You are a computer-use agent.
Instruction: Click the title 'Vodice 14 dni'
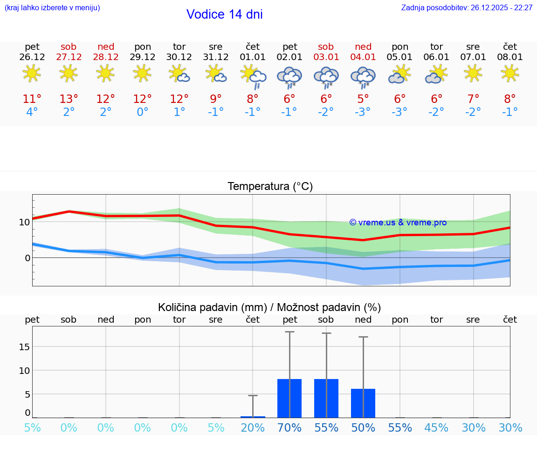click(x=224, y=14)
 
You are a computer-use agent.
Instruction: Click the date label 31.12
click(x=216, y=57)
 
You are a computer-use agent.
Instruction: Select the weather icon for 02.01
click(x=289, y=77)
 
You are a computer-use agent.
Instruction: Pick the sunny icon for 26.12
click(x=32, y=73)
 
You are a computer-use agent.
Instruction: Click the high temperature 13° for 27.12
click(x=69, y=99)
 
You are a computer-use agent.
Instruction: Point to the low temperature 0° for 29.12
click(x=142, y=112)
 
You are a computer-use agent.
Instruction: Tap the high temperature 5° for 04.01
click(x=363, y=99)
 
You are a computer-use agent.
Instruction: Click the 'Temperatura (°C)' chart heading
click(x=270, y=187)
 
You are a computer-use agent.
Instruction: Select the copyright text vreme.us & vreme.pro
click(x=398, y=223)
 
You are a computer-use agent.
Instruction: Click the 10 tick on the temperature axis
click(x=24, y=222)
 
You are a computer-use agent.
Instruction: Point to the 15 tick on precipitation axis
click(x=24, y=347)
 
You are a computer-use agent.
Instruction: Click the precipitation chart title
click(x=269, y=307)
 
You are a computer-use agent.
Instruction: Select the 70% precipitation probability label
click(x=289, y=428)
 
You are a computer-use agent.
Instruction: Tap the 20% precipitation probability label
click(x=253, y=428)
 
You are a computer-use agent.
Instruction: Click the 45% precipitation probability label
click(x=437, y=428)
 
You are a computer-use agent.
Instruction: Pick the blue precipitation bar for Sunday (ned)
click(x=363, y=403)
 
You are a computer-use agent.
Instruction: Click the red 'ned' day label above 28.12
click(x=106, y=47)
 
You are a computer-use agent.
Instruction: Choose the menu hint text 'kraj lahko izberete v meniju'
click(x=52, y=7)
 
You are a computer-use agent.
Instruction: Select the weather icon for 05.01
click(x=399, y=75)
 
